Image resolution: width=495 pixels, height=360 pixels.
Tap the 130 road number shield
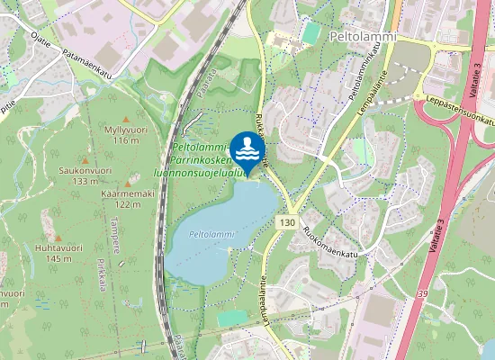287,222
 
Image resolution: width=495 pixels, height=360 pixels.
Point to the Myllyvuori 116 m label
125,135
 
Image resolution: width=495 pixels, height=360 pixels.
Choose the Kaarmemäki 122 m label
128,198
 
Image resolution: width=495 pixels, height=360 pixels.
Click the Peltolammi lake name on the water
211,234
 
